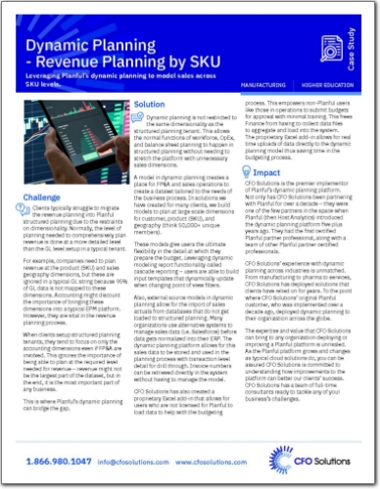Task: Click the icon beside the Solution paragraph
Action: (x=137, y=117)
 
